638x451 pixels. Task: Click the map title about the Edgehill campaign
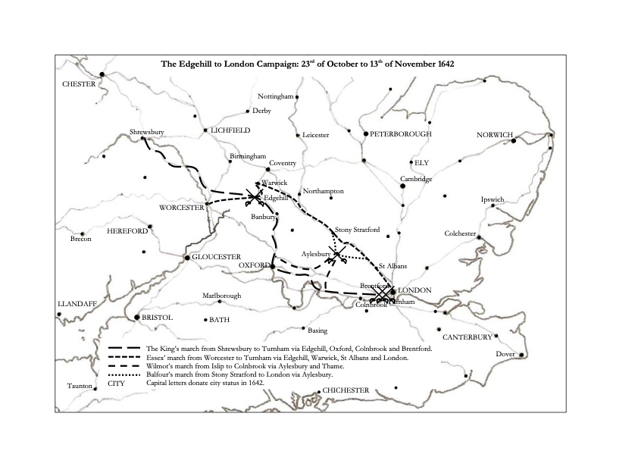click(x=307, y=64)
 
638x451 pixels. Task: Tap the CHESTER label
click(x=79, y=84)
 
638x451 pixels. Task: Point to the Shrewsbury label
click(x=147, y=131)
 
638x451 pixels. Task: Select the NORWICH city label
click(x=495, y=135)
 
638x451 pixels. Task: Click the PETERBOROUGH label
click(x=401, y=134)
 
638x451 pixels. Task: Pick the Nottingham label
click(x=275, y=97)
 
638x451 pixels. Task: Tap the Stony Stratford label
click(x=356, y=229)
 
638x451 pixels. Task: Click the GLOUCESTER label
click(x=216, y=257)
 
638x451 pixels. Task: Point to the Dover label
click(x=505, y=354)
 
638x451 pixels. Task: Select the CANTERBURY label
click(x=468, y=337)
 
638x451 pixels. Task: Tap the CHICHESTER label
click(x=351, y=390)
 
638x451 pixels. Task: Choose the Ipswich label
click(x=492, y=199)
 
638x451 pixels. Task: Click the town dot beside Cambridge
click(x=402, y=186)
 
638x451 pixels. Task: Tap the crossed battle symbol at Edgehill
click(x=254, y=196)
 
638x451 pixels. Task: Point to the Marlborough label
click(x=221, y=295)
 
